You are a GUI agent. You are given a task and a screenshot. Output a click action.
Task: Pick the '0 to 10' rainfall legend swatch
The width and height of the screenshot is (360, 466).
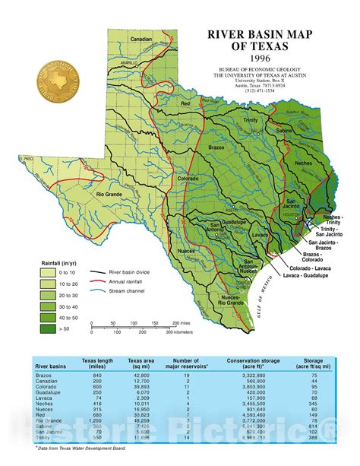click(x=49, y=272)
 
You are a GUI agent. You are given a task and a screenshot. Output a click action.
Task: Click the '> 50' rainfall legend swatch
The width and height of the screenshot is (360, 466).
click(x=49, y=329)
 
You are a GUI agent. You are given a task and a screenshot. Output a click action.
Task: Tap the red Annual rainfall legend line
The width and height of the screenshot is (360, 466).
click(x=97, y=281)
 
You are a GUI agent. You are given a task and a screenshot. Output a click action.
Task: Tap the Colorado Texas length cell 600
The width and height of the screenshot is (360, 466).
click(x=96, y=388)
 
